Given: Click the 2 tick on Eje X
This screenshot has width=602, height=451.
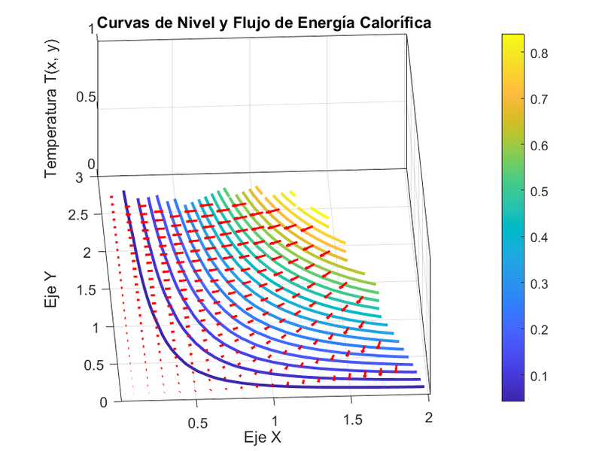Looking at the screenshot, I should point(429,417).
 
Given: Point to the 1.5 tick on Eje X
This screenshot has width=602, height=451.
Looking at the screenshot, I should point(352,417).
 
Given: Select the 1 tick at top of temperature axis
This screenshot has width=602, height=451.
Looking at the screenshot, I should point(91,29).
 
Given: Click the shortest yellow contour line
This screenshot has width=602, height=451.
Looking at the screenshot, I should point(318,215).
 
